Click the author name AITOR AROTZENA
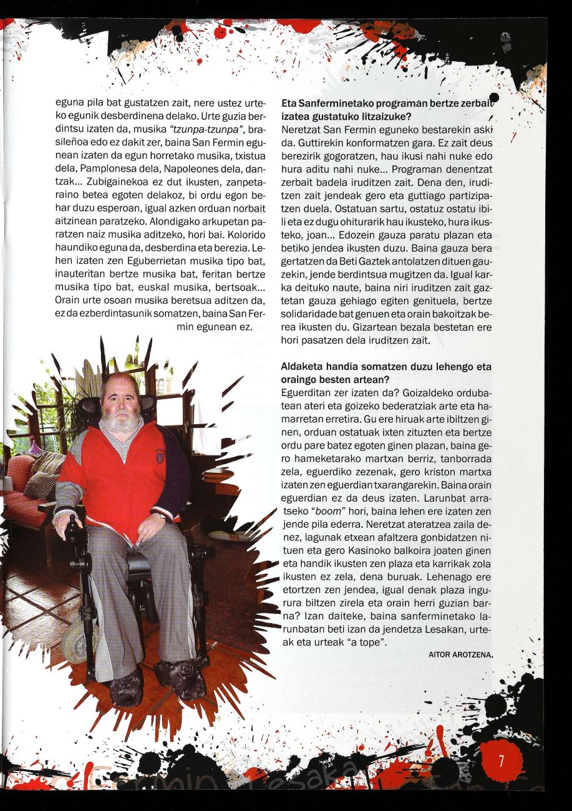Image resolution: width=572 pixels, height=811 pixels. [x=460, y=654]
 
